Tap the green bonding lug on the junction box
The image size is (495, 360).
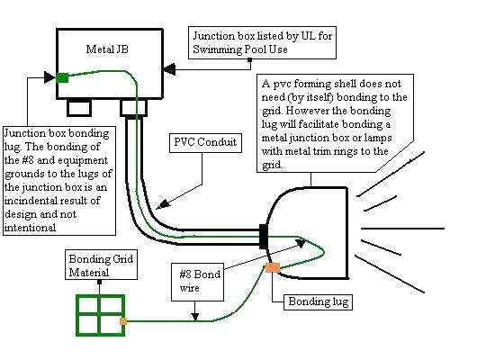[62, 77]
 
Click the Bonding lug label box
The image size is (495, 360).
[316, 301]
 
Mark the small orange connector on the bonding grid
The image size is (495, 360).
[122, 320]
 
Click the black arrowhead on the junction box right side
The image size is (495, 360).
[168, 67]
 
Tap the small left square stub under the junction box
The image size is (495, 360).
[80, 108]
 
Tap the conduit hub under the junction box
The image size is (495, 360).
[133, 109]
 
